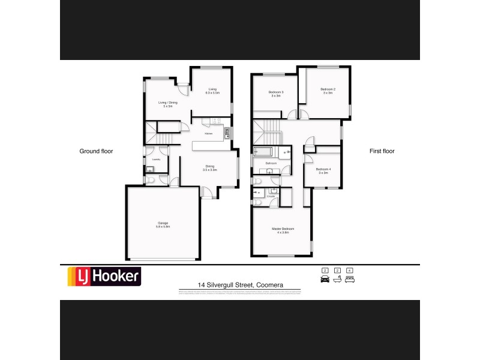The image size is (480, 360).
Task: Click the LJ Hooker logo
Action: [103, 276]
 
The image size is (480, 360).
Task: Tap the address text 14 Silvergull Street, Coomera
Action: [240, 286]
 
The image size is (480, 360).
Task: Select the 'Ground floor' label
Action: [96, 151]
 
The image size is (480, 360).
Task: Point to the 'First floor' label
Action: [382, 151]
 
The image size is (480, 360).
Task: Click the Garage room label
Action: [163, 225]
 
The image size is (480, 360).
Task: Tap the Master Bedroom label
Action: [283, 230]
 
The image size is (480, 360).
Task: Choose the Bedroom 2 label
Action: [328, 91]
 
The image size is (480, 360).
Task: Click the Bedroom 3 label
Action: [276, 94]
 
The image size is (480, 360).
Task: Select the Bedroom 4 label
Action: [324, 171]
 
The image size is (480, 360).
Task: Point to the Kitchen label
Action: [208, 133]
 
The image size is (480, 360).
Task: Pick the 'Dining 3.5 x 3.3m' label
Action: [209, 168]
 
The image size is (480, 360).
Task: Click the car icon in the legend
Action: [325, 279]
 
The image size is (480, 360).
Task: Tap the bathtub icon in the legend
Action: [337, 279]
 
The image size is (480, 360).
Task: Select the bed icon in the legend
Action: [350, 279]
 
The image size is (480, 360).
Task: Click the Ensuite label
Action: [271, 196]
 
